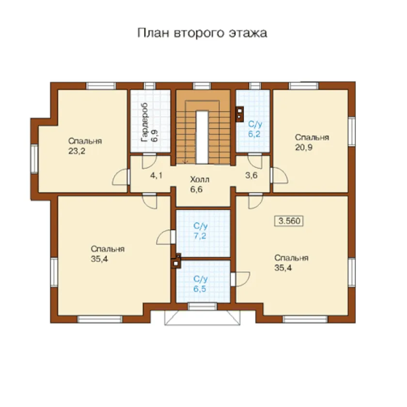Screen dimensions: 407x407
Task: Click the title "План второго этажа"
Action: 202,33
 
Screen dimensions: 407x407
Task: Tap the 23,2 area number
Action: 77,151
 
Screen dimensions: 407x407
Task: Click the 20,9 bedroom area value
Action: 304,147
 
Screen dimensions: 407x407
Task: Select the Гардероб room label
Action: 144,123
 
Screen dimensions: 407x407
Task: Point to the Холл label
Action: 200,179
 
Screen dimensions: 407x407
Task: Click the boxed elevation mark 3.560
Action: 289,221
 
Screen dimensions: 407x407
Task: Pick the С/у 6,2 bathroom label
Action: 255,129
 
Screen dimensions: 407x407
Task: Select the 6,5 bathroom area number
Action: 200,289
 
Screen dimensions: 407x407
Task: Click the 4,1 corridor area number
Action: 156,175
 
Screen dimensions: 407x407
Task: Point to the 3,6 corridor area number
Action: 251,175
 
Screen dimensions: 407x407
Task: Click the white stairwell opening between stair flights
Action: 202,137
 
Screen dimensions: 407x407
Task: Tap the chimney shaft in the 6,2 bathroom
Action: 239,114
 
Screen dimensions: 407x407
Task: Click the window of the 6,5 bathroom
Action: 202,307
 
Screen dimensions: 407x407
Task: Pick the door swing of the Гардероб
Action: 149,161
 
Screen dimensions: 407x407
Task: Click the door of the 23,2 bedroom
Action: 121,177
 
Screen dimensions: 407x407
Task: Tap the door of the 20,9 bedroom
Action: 279,175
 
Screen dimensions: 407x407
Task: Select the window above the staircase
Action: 202,86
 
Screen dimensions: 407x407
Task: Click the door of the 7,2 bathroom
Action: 166,237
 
